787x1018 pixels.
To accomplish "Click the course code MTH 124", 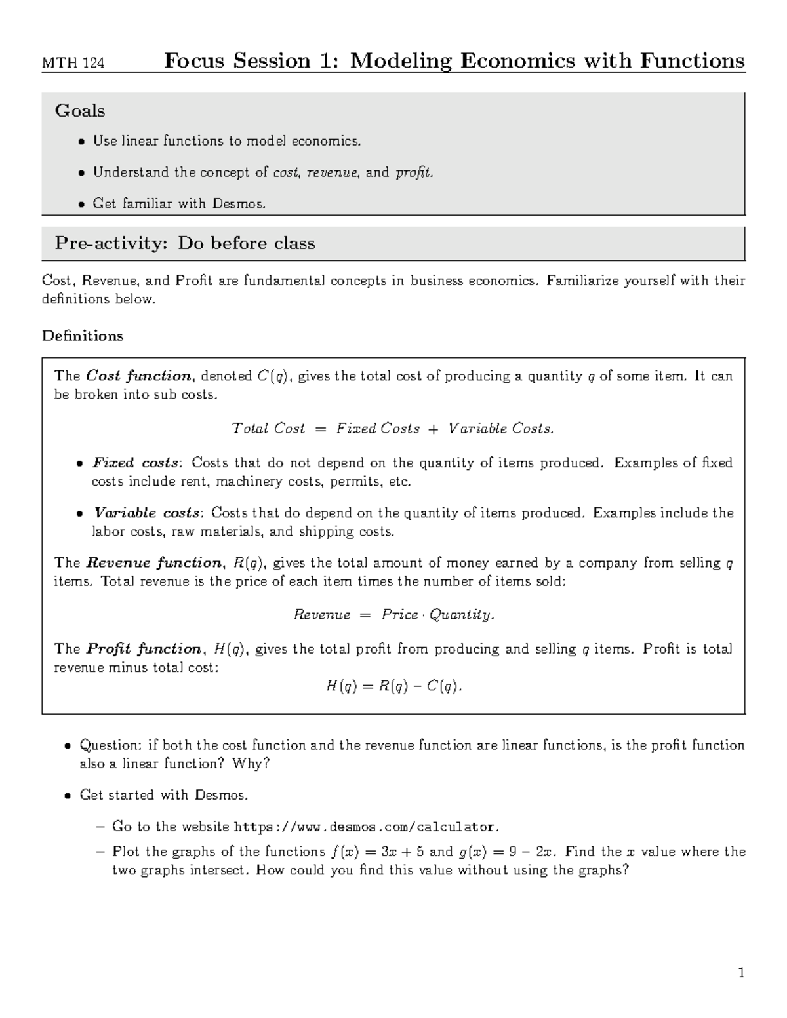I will click(x=73, y=64).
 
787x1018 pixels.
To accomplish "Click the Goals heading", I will click(x=80, y=111).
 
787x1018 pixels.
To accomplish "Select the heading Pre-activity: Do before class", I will click(x=185, y=243).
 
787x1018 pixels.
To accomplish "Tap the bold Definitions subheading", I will click(x=83, y=336).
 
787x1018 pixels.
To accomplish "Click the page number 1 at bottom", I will click(x=741, y=973).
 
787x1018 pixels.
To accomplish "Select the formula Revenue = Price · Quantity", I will click(x=393, y=615).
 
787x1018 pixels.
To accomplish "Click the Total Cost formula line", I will click(x=393, y=429).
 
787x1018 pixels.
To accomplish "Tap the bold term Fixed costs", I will click(x=136, y=463).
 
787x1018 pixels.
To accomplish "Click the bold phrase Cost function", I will click(x=138, y=376).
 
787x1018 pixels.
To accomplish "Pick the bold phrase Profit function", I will click(x=145, y=649).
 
